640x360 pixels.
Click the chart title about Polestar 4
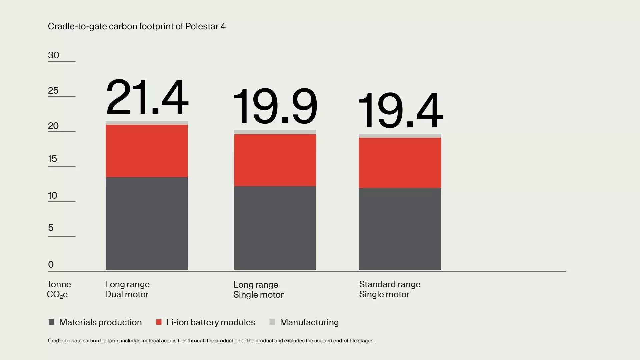pyautogui.click(x=136, y=26)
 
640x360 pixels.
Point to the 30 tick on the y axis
pyautogui.click(x=54, y=55)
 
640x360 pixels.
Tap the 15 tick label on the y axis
pyautogui.click(x=52, y=159)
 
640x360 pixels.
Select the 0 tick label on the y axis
pyautogui.click(x=51, y=264)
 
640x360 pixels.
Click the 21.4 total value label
pyautogui.click(x=147, y=97)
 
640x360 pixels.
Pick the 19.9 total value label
pyautogui.click(x=275, y=106)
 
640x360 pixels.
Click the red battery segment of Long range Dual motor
pyautogui.click(x=147, y=151)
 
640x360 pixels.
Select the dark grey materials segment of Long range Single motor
pyautogui.click(x=275, y=228)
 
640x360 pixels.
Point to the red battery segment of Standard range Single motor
pyautogui.click(x=400, y=163)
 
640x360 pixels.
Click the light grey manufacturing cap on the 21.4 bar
pyautogui.click(x=147, y=123)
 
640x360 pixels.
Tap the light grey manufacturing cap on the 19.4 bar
pyautogui.click(x=400, y=136)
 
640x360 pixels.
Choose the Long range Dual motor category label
pyautogui.click(x=127, y=289)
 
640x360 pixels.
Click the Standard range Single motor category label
pyautogui.click(x=390, y=289)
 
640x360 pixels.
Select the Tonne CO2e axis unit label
pyautogui.click(x=58, y=289)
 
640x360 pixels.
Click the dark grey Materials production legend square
pyautogui.click(x=51, y=322)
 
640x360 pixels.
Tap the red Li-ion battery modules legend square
pyautogui.click(x=159, y=322)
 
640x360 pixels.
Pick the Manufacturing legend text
pyautogui.click(x=309, y=322)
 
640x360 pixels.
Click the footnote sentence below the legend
pyautogui.click(x=211, y=341)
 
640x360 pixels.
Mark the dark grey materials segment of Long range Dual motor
pyautogui.click(x=147, y=223)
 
